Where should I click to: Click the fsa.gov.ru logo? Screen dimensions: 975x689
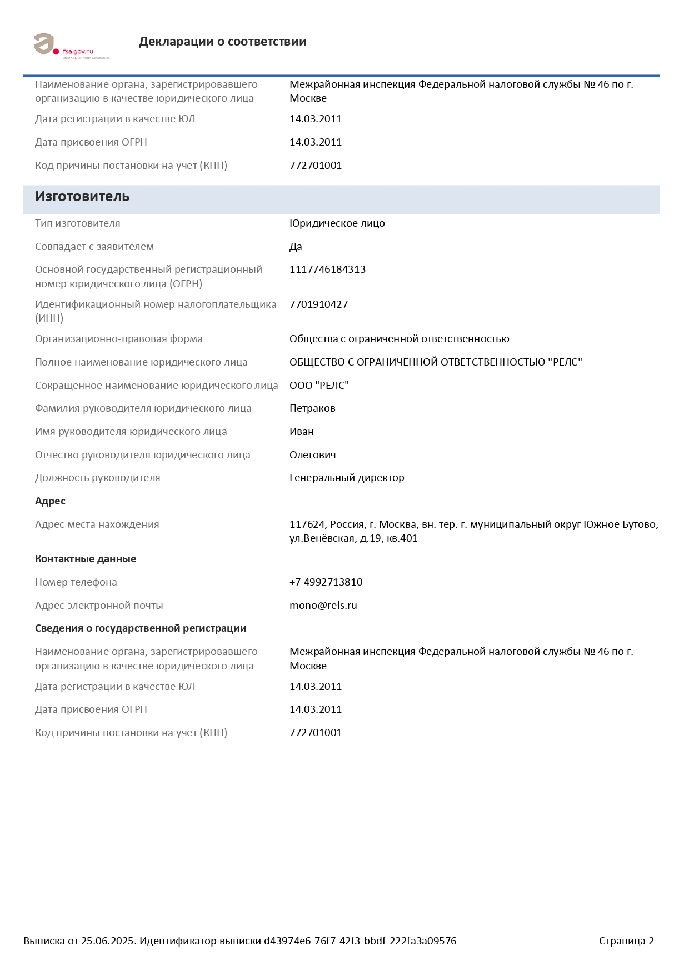(71, 46)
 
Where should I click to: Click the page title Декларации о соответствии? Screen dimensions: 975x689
(222, 42)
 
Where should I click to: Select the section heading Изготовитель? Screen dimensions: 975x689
(82, 197)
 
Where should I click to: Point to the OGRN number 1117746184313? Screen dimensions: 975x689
(327, 269)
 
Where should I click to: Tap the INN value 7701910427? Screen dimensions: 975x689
(318, 304)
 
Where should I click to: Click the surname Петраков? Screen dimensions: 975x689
(312, 408)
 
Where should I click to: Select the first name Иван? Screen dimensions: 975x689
(302, 432)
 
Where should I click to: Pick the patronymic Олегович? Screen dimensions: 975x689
(312, 455)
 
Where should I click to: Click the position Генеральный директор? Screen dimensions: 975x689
(347, 478)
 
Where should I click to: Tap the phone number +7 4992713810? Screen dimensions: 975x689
(326, 582)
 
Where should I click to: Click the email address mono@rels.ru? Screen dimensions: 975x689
(323, 606)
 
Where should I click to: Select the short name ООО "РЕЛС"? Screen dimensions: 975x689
(319, 386)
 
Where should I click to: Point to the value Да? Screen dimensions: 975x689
(296, 247)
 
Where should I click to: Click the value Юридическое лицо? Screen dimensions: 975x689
(337, 223)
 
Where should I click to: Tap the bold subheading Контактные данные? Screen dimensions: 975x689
(86, 559)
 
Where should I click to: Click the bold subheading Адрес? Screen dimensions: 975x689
(50, 501)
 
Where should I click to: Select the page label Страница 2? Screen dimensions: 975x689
(626, 941)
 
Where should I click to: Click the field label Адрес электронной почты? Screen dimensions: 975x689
(99, 606)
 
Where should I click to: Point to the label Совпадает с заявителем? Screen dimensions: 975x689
(94, 247)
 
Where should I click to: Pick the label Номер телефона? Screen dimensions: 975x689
(76, 582)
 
